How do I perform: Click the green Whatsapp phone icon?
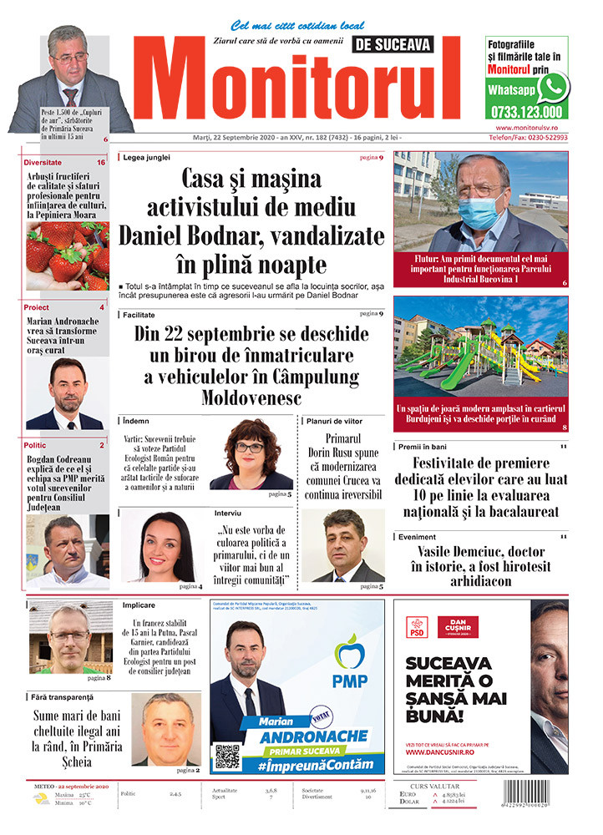click(553, 87)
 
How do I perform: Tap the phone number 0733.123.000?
click(526, 111)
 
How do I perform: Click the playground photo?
click(480, 347)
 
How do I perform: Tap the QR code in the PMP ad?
click(227, 757)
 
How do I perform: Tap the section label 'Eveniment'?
click(417, 537)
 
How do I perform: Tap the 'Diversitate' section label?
click(43, 162)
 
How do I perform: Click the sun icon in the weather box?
click(39, 799)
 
